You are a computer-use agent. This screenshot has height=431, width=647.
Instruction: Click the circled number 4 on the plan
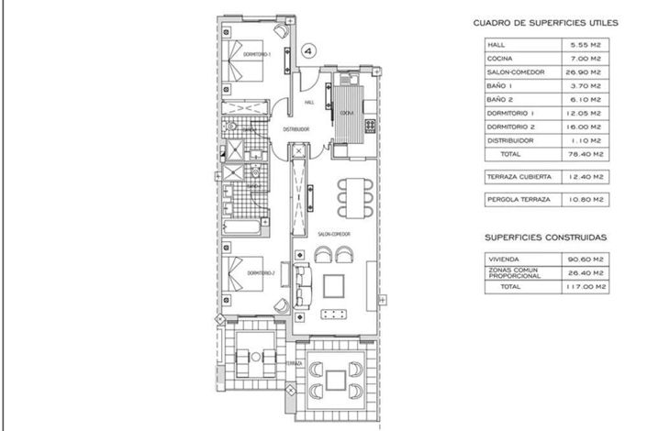click(x=310, y=52)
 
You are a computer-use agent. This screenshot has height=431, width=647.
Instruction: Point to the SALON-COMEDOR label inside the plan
click(x=332, y=235)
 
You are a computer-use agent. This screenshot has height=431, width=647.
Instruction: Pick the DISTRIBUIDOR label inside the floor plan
click(x=296, y=129)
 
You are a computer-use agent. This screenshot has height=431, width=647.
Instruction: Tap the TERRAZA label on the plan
click(x=294, y=364)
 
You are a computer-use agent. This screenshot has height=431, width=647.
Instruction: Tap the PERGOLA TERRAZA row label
click(x=520, y=198)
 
